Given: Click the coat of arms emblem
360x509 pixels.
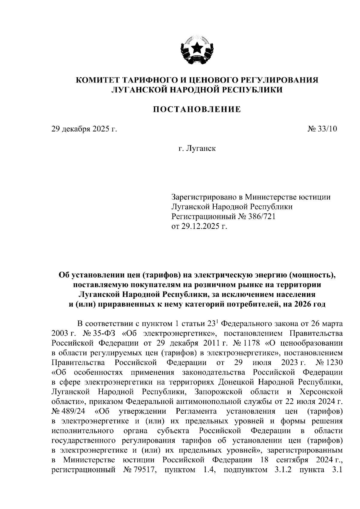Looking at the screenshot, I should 197,50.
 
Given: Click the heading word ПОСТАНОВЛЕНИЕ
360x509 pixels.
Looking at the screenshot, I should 197,109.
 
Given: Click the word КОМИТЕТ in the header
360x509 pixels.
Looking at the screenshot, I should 96,80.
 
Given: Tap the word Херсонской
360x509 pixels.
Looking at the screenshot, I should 321,392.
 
